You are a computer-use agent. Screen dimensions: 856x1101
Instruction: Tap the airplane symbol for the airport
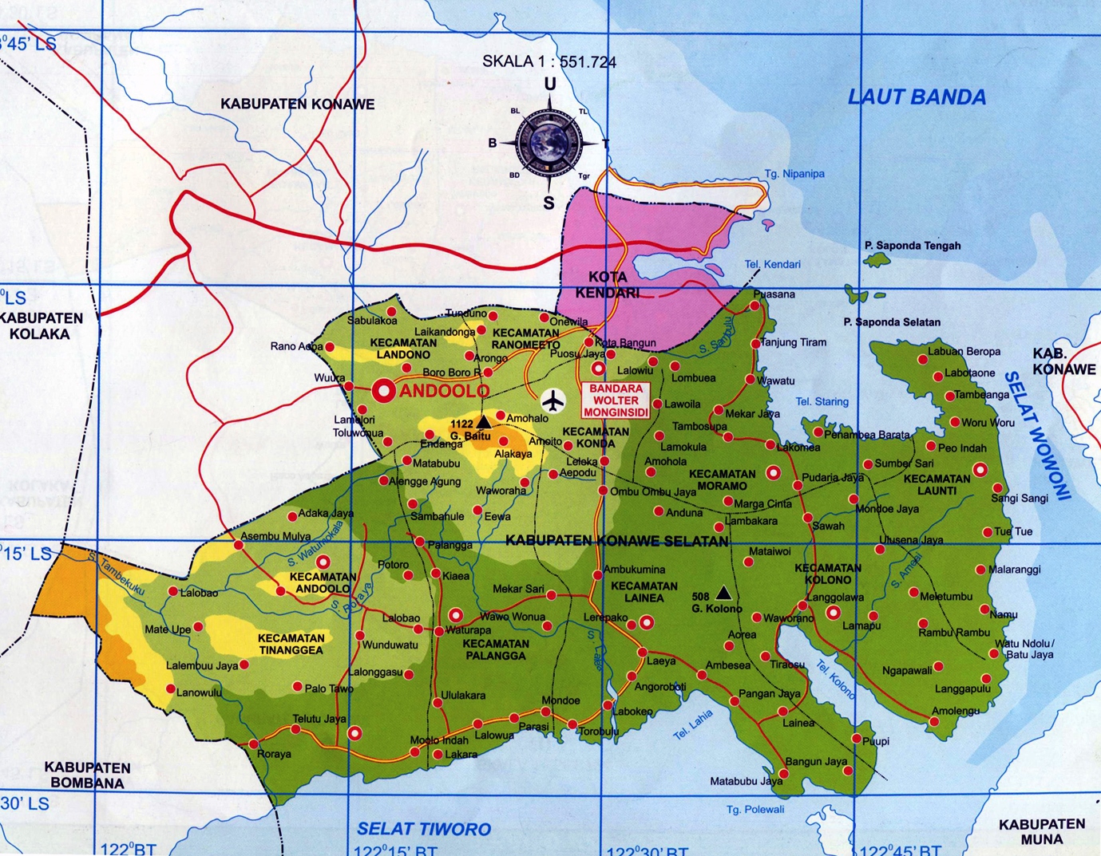click(552, 401)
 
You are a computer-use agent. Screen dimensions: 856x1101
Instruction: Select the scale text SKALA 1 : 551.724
click(549, 61)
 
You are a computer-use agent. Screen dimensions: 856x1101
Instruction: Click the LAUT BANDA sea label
click(917, 97)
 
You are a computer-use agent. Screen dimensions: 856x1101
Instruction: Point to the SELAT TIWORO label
click(424, 829)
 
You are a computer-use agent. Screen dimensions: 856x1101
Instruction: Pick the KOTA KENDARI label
click(607, 285)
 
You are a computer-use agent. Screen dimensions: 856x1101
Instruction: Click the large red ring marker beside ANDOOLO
click(384, 391)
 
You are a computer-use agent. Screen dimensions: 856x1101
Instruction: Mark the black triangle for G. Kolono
click(723, 593)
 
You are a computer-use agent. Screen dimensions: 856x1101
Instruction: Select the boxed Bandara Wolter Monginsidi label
click(616, 400)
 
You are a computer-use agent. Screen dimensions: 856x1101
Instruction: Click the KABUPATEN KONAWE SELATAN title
click(617, 541)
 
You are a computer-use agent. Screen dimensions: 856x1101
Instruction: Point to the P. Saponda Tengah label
click(913, 246)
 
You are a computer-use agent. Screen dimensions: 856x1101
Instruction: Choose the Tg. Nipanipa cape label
click(794, 174)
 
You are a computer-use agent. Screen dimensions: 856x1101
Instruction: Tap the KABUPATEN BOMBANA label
click(87, 775)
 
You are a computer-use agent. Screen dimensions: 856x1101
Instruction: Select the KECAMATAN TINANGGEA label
click(291, 644)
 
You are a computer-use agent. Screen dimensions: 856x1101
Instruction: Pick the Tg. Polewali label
click(755, 810)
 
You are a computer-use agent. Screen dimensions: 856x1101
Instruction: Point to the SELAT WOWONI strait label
click(1037, 435)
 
